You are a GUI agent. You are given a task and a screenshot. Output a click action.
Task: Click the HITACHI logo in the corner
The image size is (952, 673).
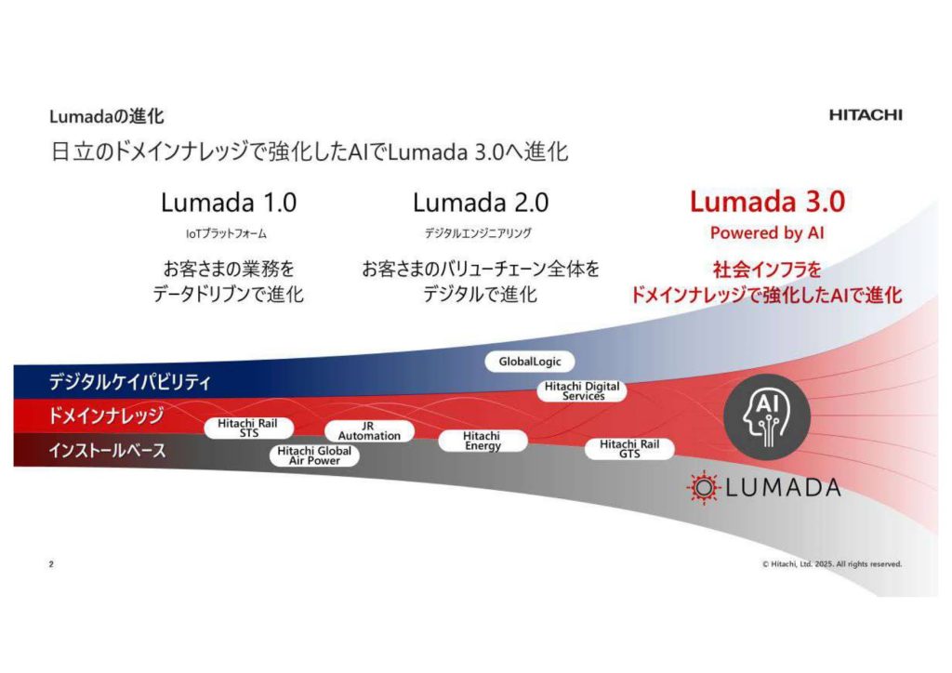[865, 115]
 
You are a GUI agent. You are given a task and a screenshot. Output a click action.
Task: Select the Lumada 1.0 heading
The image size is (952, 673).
[229, 202]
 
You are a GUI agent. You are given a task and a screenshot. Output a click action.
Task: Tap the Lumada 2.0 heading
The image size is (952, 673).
[480, 202]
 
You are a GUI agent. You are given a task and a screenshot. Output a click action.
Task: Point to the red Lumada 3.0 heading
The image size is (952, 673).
[767, 202]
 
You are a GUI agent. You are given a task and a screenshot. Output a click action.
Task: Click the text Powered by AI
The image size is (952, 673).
[767, 233]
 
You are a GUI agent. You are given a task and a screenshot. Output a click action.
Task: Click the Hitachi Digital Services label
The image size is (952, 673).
[583, 391]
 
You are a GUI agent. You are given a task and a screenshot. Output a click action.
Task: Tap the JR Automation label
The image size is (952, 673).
[369, 430]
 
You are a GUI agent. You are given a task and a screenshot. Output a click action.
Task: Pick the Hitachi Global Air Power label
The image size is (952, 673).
[314, 455]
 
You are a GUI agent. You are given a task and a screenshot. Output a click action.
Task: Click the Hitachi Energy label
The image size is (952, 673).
[482, 441]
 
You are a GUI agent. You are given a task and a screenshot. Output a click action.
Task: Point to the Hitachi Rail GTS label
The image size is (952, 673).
[628, 449]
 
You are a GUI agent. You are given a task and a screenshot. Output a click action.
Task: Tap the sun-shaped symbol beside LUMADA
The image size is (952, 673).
[703, 486]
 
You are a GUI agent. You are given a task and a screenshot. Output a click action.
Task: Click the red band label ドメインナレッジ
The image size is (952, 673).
[106, 416]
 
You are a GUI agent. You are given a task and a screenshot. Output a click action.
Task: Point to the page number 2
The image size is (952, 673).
[51, 564]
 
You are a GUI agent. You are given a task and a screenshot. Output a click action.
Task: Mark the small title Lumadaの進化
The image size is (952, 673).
[107, 116]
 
